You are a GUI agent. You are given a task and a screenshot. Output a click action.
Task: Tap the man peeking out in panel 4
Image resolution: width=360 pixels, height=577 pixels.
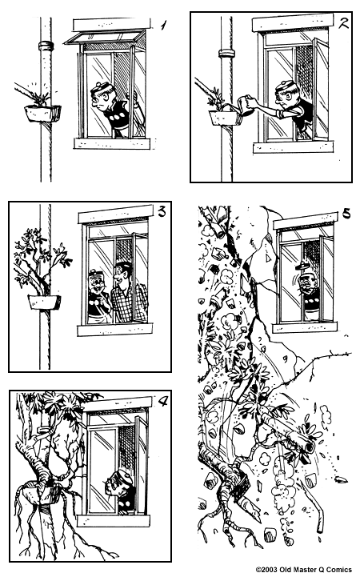[x=117, y=489]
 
